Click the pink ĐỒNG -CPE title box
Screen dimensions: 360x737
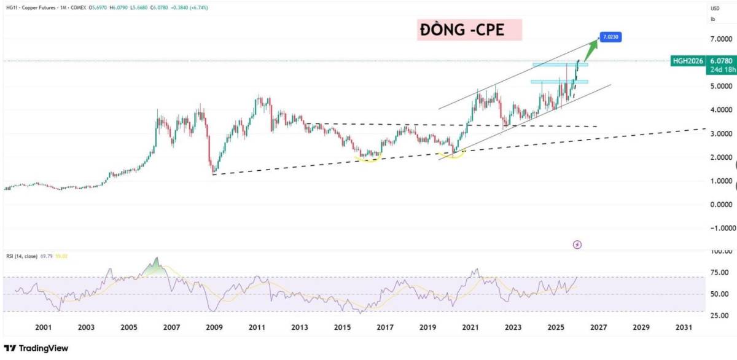pos(469,30)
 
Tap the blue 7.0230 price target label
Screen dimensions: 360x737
pos(612,37)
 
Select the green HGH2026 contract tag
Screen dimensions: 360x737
pos(688,61)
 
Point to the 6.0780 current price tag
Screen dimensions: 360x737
pos(720,61)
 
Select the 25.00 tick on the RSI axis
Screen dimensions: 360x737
pos(719,316)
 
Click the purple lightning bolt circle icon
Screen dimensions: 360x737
pos(577,245)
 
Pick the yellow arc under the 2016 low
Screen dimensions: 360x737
pos(370,159)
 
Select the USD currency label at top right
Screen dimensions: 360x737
pos(714,8)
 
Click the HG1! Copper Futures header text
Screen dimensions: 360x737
pos(37,8)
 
